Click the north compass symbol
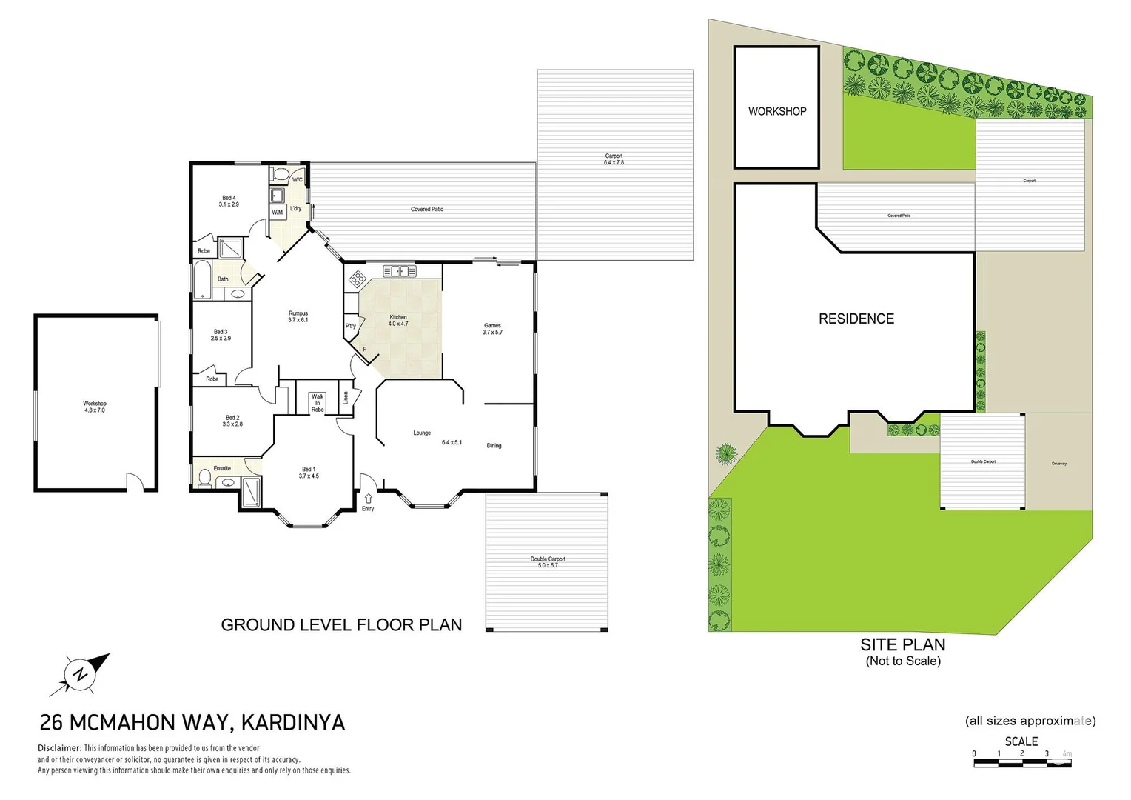(x=80, y=674)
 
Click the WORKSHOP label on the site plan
(x=776, y=111)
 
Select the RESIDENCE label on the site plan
(x=856, y=319)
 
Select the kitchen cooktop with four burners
(x=358, y=279)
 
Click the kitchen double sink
(x=399, y=271)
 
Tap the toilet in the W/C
(x=280, y=175)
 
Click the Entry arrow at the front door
(x=368, y=499)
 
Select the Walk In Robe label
(x=318, y=403)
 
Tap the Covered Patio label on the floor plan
(x=427, y=210)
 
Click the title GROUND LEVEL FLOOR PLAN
(x=341, y=625)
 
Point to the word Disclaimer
(x=59, y=748)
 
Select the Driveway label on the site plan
(x=1058, y=464)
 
